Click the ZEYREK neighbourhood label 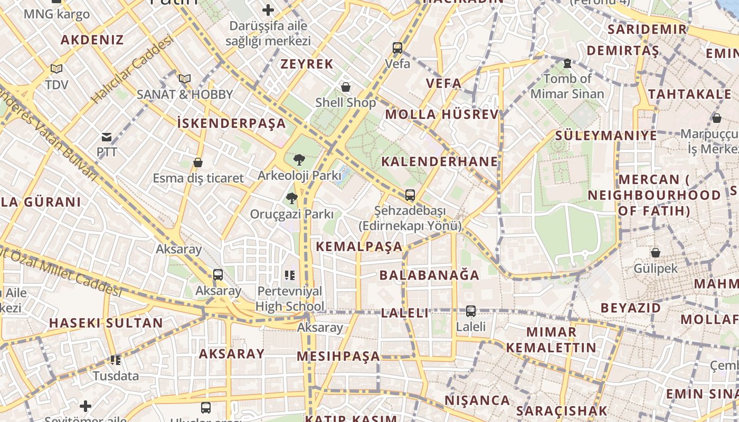307,64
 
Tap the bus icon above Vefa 397,48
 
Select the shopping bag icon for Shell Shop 346,87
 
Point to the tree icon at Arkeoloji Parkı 299,159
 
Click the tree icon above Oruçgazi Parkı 291,198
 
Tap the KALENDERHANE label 439,161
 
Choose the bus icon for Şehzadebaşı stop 410,195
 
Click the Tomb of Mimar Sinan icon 567,63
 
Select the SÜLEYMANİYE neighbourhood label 605,136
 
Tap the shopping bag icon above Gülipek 656,253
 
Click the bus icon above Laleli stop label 470,311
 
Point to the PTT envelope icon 107,138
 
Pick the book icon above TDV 56,69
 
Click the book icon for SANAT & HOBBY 184,79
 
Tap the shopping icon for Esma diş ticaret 198,162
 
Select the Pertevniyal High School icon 290,275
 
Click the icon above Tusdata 116,360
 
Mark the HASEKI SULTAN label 106,323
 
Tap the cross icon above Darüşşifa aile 268,10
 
